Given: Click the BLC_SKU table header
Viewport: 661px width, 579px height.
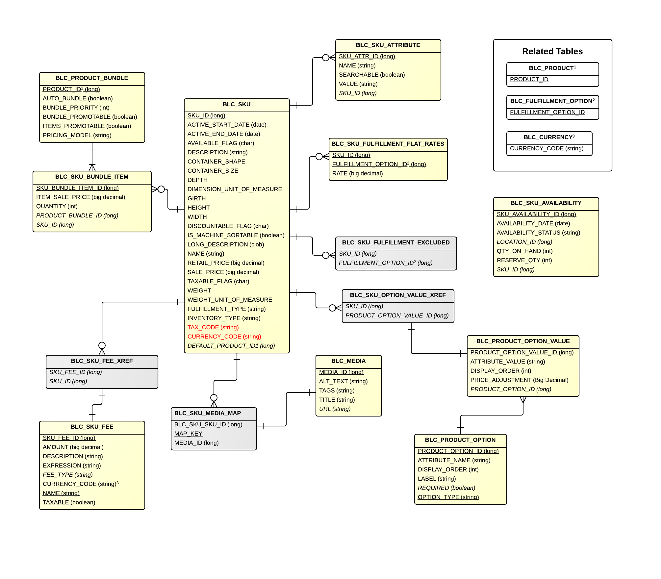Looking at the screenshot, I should tap(237, 105).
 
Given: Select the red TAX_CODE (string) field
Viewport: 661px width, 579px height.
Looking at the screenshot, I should tap(213, 327).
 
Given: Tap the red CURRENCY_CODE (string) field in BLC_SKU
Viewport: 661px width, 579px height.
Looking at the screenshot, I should tap(224, 337).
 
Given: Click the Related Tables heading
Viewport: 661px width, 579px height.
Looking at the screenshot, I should tap(552, 51).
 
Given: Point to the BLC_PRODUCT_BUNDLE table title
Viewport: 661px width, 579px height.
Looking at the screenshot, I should tap(92, 78).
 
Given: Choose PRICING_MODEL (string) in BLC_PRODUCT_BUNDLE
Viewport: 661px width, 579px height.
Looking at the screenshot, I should tap(77, 135).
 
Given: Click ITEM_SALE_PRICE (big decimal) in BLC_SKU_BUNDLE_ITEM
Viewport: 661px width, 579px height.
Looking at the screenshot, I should tap(81, 197).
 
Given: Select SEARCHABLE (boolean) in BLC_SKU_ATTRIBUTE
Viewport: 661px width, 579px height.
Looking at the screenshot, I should tap(372, 75).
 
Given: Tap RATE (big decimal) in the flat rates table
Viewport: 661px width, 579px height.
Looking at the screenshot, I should tap(357, 173).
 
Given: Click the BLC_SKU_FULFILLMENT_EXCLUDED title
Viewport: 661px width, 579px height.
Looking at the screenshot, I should tap(395, 243).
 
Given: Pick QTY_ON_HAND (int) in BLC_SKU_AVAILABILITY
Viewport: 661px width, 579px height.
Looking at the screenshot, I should tap(524, 251).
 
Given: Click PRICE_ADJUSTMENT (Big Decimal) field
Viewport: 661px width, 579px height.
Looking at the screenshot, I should tap(519, 380).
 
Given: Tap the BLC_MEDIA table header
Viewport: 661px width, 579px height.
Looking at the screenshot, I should tap(348, 361).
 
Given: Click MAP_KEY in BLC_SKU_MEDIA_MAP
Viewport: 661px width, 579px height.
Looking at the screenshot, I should tap(188, 434).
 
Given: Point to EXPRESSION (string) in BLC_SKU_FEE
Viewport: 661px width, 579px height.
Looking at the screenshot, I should tap(72, 466).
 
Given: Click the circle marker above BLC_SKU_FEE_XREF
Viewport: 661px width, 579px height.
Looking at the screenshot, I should tap(102, 345).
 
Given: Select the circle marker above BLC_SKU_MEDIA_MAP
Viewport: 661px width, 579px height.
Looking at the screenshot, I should tap(214, 398).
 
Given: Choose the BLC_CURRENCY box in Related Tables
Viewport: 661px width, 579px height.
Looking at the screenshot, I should tap(549, 143).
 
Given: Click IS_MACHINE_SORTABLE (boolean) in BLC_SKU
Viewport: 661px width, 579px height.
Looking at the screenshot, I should tap(236, 235).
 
